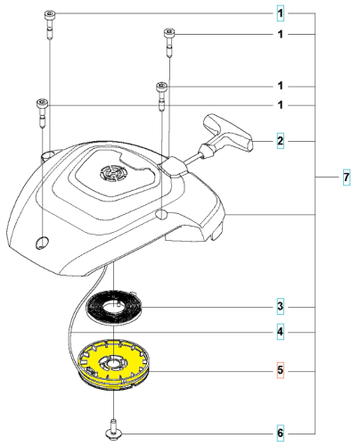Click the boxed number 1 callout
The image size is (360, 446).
(279, 14)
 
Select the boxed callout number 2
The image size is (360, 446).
(279, 141)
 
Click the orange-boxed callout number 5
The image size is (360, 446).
(279, 368)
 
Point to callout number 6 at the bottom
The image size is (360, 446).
(279, 434)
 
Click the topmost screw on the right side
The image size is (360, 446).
(168, 34)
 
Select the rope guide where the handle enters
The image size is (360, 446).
(173, 164)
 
